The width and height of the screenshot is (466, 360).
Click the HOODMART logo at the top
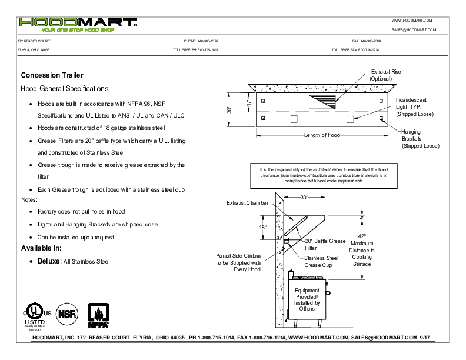coord(78,24)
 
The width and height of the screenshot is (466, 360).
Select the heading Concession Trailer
coord(52,75)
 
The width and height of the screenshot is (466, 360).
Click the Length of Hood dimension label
coord(322,135)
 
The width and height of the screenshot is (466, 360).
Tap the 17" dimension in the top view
coord(248,102)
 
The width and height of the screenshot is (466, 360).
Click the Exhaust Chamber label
coord(247,203)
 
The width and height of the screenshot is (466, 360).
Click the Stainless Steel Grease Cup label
coord(321,262)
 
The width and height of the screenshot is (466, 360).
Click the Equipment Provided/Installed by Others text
coord(307,299)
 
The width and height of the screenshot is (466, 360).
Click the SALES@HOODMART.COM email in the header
coord(413,29)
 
